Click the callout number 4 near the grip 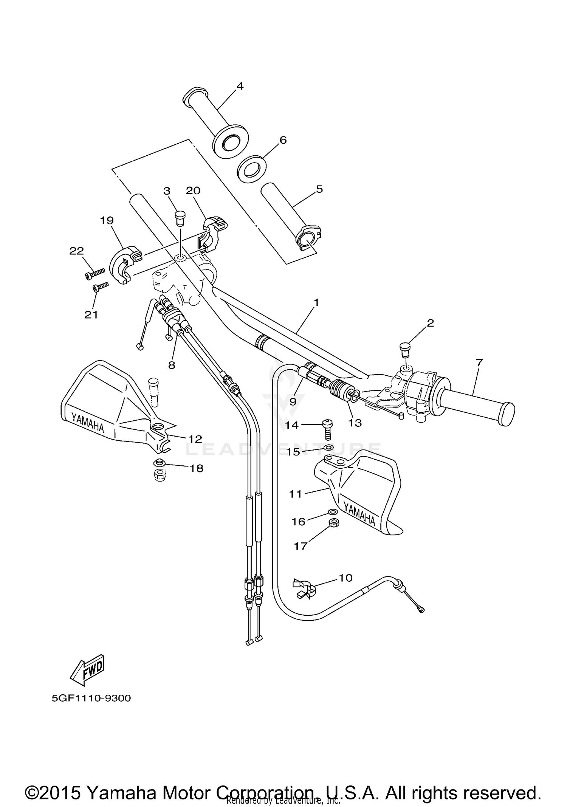pyautogui.click(x=240, y=86)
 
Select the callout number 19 pyautogui.click(x=107, y=220)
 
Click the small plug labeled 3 pyautogui.click(x=179, y=218)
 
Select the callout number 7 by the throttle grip pyautogui.click(x=479, y=362)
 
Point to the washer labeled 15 pyautogui.click(x=329, y=448)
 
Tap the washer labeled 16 pyautogui.click(x=333, y=512)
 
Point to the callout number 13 pyautogui.click(x=355, y=423)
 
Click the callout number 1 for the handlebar pyautogui.click(x=316, y=302)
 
